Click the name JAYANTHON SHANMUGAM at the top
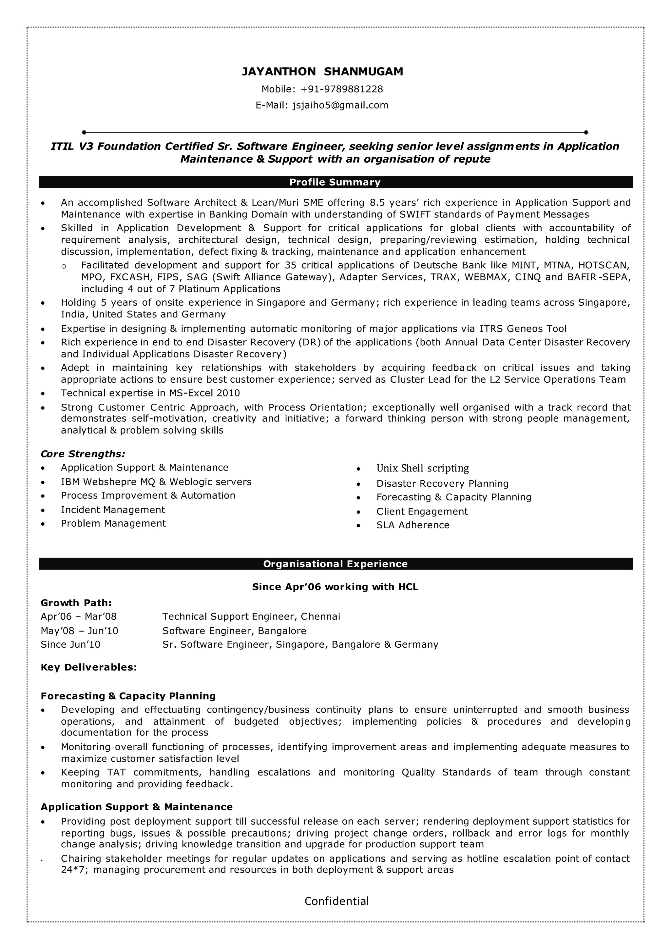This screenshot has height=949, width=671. coord(322,71)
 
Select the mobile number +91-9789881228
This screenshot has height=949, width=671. coord(342,89)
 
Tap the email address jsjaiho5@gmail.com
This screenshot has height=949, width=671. coord(340,105)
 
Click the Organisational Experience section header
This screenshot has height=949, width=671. coord(335,564)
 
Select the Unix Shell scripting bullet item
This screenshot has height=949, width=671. coord(422,468)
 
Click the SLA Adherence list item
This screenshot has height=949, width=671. coord(412,525)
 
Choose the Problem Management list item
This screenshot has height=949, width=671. coord(113,523)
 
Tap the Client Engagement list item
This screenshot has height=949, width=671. coord(422,511)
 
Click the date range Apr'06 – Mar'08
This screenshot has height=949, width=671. coord(79,616)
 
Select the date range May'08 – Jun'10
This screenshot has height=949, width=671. coord(79,631)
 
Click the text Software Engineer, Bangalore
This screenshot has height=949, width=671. coord(234,631)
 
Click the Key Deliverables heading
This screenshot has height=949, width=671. coord(89,667)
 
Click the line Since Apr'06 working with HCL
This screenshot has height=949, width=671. coord(335,587)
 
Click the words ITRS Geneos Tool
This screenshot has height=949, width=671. coord(523,329)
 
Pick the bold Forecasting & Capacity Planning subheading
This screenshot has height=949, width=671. coord(128,696)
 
